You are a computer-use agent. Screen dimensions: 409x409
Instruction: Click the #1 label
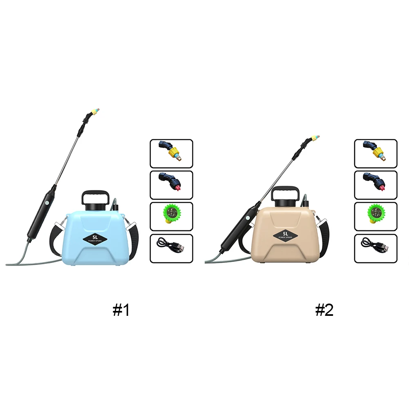tap(121, 311)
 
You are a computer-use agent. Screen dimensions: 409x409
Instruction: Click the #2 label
tap(324, 311)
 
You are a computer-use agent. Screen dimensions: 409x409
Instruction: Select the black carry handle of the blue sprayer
tap(96, 196)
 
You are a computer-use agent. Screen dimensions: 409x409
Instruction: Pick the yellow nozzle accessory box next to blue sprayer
tap(171, 154)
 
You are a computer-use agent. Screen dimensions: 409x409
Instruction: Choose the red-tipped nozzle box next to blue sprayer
tap(171, 185)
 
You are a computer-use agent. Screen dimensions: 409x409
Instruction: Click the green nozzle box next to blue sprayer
tap(171, 217)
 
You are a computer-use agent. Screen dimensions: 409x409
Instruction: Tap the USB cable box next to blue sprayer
tap(171, 248)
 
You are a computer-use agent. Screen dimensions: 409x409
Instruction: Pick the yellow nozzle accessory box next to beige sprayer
tap(375, 154)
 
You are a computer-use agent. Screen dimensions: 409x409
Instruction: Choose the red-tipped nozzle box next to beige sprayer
tap(375, 185)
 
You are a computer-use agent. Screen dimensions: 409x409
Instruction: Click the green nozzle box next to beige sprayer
tap(375, 217)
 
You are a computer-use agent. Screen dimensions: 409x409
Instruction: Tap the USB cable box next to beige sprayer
tap(375, 248)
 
